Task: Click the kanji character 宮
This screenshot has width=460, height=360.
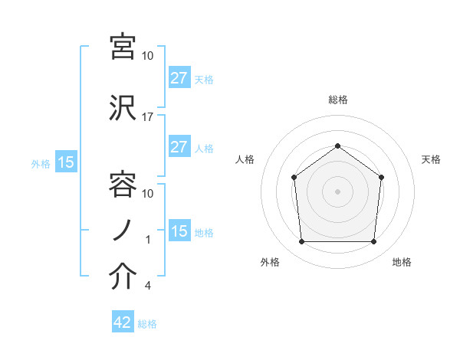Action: (x=123, y=46)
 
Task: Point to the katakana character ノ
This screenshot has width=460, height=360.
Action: (x=123, y=230)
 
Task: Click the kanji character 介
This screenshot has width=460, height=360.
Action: (x=123, y=277)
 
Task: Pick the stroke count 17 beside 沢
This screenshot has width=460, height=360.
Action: (x=148, y=117)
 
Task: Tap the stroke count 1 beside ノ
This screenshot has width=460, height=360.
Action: (x=148, y=240)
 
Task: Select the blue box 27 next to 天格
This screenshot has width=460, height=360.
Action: (x=179, y=78)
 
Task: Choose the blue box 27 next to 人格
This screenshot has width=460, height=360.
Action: (x=179, y=147)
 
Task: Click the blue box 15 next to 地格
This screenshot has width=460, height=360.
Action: (x=179, y=231)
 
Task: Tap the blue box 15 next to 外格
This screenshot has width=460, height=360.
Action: (x=65, y=162)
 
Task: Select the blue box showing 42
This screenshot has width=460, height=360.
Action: (x=122, y=322)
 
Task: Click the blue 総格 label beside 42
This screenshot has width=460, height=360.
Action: (x=147, y=324)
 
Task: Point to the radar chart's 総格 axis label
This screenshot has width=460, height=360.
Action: (x=337, y=100)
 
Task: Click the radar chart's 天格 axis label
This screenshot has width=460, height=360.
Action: (x=432, y=159)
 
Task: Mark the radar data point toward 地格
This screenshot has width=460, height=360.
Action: (x=373, y=242)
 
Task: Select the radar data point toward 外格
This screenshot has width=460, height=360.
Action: (x=301, y=242)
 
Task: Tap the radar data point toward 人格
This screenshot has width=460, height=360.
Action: (x=294, y=178)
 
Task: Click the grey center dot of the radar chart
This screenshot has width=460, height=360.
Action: (x=337, y=191)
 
